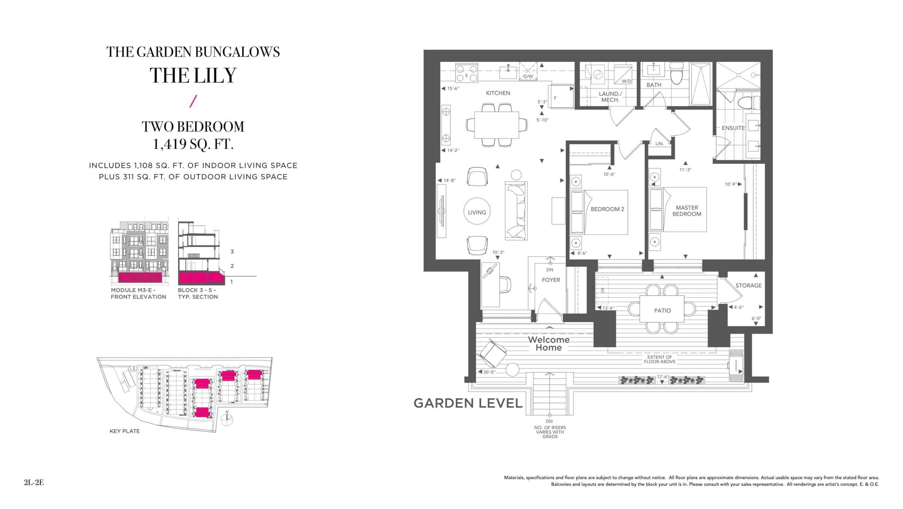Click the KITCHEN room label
click(498, 93)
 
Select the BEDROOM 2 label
click(607, 209)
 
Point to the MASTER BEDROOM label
click(687, 211)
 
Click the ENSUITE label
click(733, 128)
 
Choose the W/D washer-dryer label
click(626, 81)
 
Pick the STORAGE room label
click(749, 285)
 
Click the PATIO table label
click(662, 311)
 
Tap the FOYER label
click(551, 280)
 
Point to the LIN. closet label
click(659, 144)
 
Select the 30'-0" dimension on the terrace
click(490, 372)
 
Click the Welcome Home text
click(549, 343)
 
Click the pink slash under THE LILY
click(193, 101)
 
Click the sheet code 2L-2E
click(34, 483)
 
